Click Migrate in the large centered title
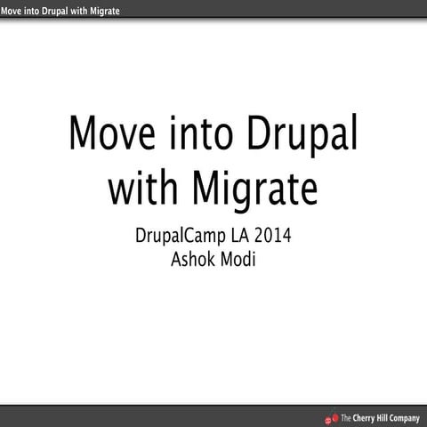[x=257, y=189]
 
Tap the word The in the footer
[x=346, y=417]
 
